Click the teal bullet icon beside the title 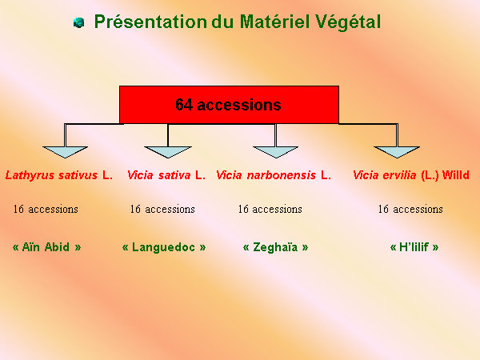click(78, 22)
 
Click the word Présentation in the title click(150, 22)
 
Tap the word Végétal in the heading click(348, 22)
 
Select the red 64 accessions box click(229, 105)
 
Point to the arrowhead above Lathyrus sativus click(66, 152)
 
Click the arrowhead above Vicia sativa click(168, 152)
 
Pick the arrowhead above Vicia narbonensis click(276, 152)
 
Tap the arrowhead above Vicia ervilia click(397, 152)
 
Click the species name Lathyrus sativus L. click(59, 175)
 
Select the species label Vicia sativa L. click(166, 175)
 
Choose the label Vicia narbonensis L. click(274, 175)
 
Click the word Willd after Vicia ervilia click(456, 175)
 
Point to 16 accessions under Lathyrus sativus click(46, 209)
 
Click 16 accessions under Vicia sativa click(162, 209)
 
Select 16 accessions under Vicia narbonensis click(270, 209)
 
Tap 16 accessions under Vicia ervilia click(410, 209)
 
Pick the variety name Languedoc click(163, 247)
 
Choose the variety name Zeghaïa click(275, 247)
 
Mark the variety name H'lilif click(414, 247)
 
